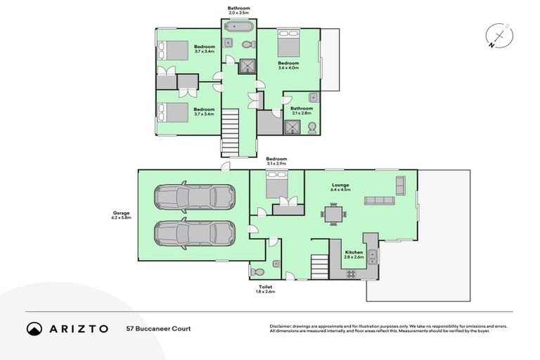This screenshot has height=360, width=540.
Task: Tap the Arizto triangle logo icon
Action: point(34,328)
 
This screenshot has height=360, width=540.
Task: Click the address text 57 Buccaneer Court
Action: point(158,328)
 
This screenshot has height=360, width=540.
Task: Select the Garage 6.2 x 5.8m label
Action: point(121,216)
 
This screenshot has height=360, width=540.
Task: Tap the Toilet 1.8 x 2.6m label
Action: point(265,289)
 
